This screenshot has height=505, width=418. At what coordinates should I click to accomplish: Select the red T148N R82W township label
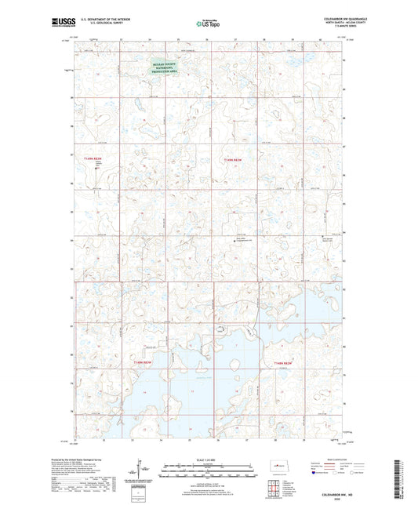click(x=282, y=362)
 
